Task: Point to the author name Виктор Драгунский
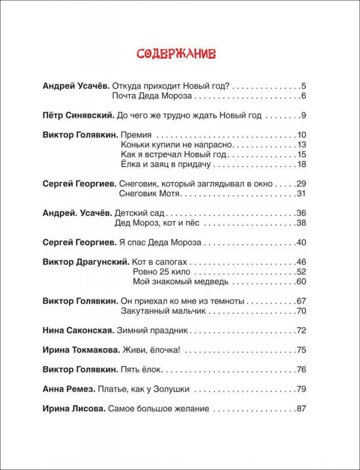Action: point(80,261)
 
